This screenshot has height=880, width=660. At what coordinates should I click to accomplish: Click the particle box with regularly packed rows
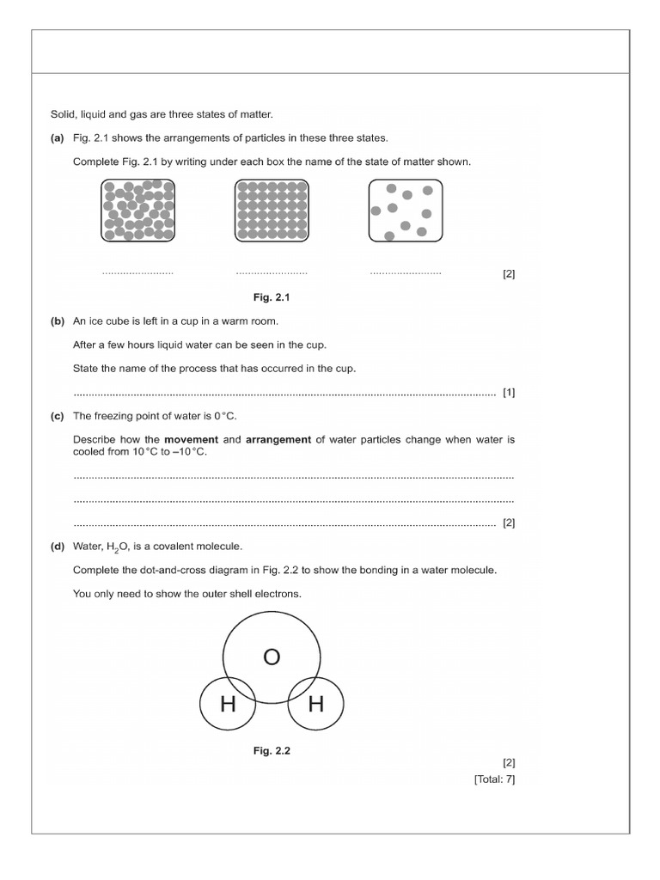point(272,210)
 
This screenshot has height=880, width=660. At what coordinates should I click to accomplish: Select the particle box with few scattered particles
point(406,210)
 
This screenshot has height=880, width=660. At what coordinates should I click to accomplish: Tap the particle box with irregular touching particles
point(138,210)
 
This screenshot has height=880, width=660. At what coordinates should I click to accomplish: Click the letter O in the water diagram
point(272,657)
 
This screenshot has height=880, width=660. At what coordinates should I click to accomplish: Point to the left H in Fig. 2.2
point(228,705)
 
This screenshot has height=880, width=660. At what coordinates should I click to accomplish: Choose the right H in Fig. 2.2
point(315,705)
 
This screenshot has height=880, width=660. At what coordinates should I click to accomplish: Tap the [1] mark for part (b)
point(509,393)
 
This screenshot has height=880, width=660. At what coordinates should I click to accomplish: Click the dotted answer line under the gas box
point(406,273)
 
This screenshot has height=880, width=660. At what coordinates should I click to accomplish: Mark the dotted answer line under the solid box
point(272,273)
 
